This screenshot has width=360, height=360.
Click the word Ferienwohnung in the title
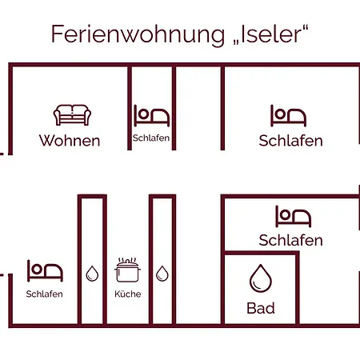(138, 34)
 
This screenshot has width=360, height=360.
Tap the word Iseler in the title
(271, 34)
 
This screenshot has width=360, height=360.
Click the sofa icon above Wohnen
(72, 114)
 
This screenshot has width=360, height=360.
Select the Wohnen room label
(70, 141)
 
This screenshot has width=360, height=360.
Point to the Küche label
(128, 294)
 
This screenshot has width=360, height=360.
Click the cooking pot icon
(127, 270)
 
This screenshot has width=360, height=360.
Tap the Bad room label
(261, 308)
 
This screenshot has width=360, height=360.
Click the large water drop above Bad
(261, 278)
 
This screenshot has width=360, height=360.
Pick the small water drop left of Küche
(92, 274)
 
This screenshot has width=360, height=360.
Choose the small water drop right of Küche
(162, 274)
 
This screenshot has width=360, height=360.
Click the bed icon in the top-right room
(288, 115)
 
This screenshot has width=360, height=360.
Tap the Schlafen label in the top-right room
(290, 141)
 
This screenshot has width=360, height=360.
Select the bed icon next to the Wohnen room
(151, 115)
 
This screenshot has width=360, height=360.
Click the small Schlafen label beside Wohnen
(151, 138)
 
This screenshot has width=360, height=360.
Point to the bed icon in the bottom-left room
(45, 271)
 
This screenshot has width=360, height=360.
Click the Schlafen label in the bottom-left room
(44, 294)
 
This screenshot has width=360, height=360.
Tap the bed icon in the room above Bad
(294, 216)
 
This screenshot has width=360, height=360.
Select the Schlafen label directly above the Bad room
(290, 240)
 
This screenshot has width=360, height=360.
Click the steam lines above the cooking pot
(127, 260)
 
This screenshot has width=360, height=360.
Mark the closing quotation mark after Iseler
(306, 27)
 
